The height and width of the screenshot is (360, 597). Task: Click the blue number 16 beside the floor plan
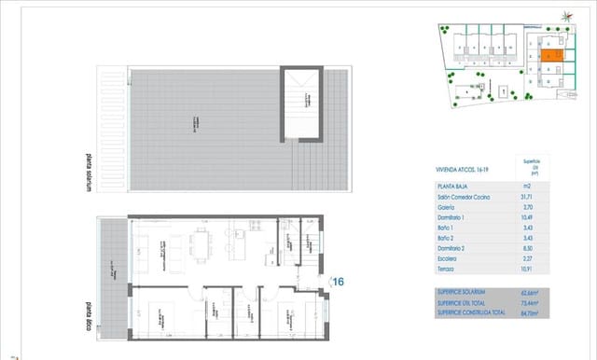pos(338,280)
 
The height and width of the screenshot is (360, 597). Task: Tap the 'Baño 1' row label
pos(447,229)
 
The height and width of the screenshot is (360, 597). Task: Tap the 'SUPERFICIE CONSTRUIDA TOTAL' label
pos(472,312)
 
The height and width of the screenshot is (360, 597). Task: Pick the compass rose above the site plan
pos(568,13)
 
